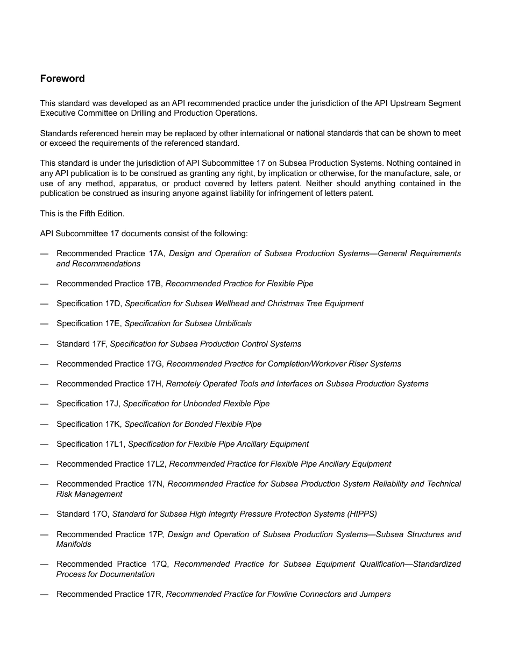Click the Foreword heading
click(62, 79)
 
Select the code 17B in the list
click(153, 284)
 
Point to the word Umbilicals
click(232, 323)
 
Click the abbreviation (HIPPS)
click(360, 514)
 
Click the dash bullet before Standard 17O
click(44, 514)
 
